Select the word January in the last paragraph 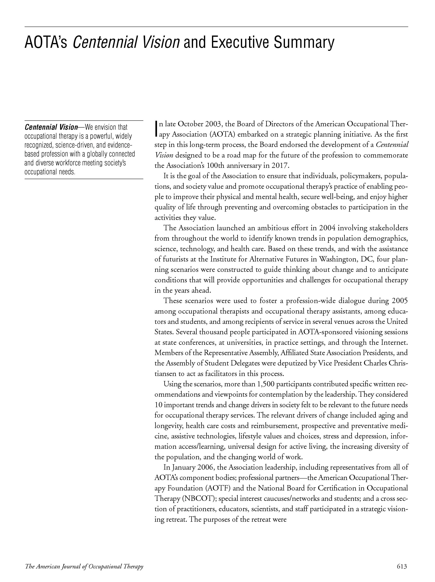[184, 467]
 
